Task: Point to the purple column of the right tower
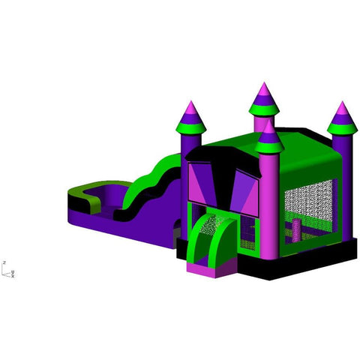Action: [x=341, y=180]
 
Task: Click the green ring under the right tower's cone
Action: [x=341, y=128]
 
